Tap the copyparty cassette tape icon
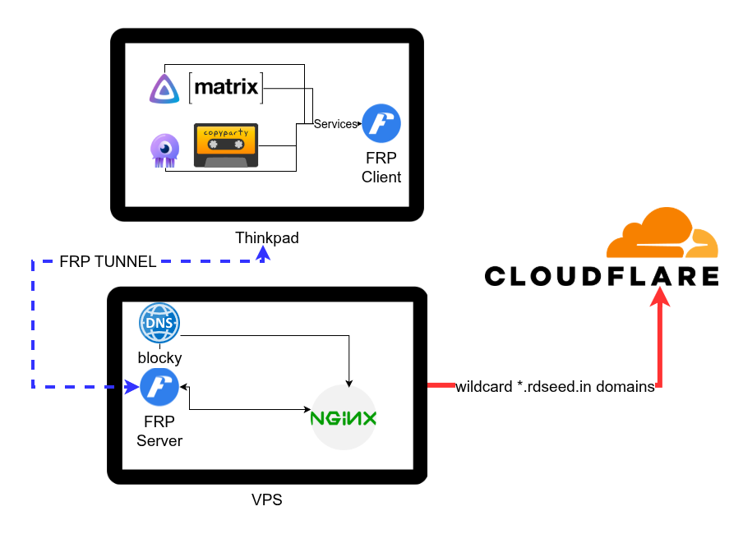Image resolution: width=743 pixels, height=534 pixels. click(226, 145)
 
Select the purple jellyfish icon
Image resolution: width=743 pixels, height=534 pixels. click(164, 151)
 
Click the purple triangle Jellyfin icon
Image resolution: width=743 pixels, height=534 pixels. click(164, 88)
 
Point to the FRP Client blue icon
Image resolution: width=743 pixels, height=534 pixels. click(381, 124)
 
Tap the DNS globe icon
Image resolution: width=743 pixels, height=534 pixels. click(159, 324)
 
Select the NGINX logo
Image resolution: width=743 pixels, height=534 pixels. click(344, 417)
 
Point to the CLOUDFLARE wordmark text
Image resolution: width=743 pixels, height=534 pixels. click(602, 275)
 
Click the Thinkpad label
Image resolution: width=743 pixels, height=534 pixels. click(267, 238)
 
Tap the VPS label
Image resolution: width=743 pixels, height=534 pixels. click(266, 499)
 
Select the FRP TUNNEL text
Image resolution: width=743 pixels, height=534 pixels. click(108, 262)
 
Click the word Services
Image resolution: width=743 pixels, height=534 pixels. click(335, 124)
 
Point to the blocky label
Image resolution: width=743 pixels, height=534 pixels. click(159, 358)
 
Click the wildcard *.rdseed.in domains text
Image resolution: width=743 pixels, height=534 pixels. click(555, 387)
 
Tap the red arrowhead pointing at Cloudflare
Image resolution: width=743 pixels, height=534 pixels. click(660, 298)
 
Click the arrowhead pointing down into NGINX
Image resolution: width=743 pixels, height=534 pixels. click(351, 382)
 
